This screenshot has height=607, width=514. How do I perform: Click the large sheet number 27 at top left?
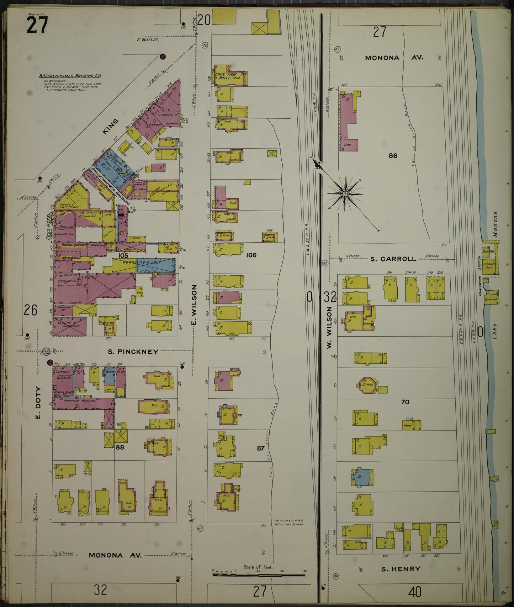coord(37,25)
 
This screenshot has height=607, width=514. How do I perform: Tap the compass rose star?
coord(344,193)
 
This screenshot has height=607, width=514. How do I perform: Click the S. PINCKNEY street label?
coord(133,352)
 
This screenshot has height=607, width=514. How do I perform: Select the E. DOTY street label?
coord(38,403)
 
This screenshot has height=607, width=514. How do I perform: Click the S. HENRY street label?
coord(401,569)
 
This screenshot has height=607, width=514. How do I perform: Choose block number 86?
coord(393,156)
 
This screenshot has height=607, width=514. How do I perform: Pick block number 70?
coord(405,402)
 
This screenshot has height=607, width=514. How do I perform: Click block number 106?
coord(251,255)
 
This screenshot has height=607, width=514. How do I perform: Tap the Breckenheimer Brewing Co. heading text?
coord(70,76)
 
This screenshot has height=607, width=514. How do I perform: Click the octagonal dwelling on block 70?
coord(366,385)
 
